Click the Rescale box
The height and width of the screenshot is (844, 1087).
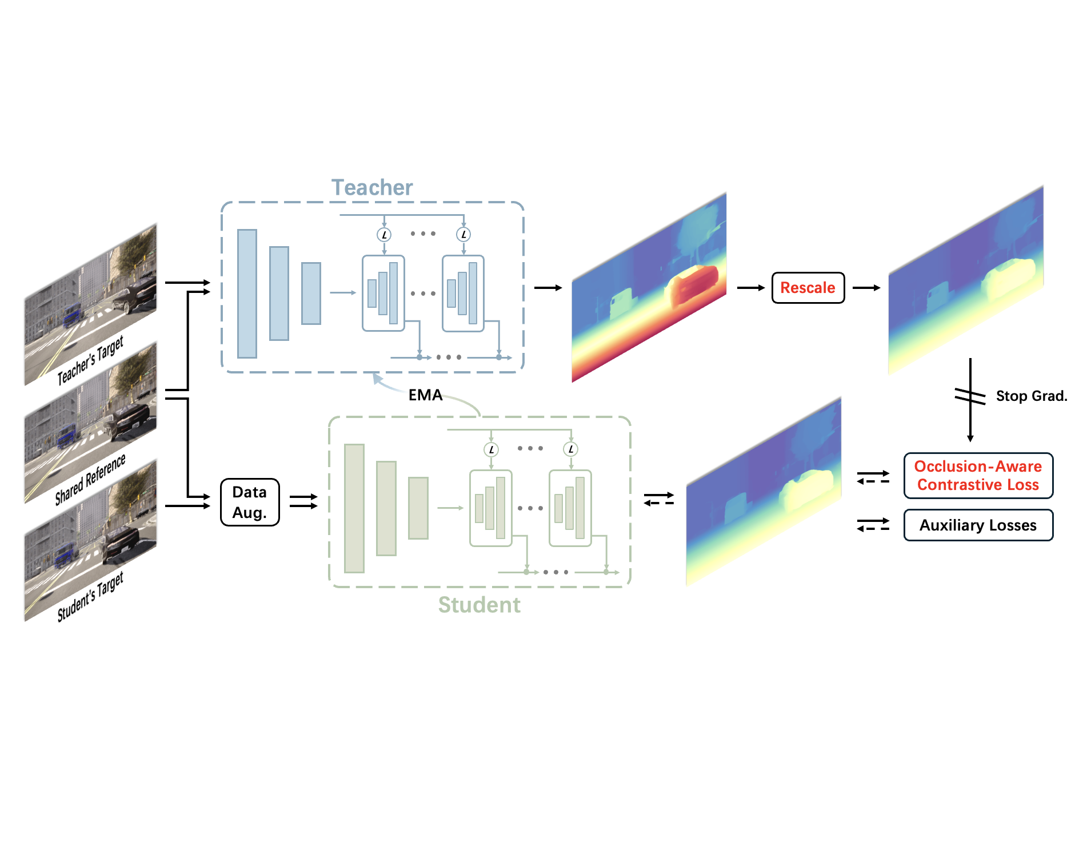coord(808,288)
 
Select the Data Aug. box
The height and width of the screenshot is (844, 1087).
coord(250,502)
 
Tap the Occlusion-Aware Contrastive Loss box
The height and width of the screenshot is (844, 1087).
coord(978,476)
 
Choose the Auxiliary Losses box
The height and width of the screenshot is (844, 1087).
coord(978,525)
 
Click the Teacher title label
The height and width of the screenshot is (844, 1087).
coord(371,187)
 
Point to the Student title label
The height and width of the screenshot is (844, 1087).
coord(479,605)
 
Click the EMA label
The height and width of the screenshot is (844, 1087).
coord(425,395)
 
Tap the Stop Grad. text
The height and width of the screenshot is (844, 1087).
coord(1031,396)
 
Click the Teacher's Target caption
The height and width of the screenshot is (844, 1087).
coord(90,360)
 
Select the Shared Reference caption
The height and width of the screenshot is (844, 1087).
coord(90,480)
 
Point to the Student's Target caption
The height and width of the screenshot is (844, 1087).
coord(90,597)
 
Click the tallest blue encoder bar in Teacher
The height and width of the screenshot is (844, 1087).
coord(247,294)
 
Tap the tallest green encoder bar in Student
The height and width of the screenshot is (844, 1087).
coord(354,508)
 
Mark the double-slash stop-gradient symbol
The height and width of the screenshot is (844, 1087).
coord(970,396)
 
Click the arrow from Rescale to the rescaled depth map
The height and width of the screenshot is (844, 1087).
coord(866,288)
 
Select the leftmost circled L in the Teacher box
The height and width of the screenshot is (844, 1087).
coord(384,235)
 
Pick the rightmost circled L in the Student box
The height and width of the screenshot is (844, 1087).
coord(570,449)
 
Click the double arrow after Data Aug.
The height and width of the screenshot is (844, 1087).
coord(303,501)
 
